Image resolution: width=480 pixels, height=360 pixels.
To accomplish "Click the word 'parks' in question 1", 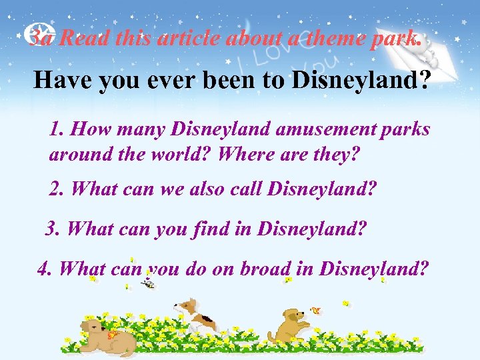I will coord(401,129).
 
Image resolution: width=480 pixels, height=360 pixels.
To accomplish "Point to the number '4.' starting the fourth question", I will coord(45,269).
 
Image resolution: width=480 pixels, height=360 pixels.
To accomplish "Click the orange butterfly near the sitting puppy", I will coord(316,310).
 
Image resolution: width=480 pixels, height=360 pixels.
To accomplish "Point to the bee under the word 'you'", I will coord(148,284).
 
